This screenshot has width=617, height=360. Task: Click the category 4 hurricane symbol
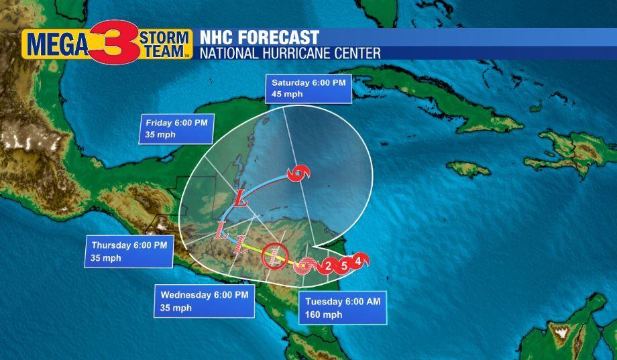coord(359,260)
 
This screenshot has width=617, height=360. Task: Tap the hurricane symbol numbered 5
coord(343,265)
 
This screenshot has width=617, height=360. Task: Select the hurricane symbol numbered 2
coord(327,266)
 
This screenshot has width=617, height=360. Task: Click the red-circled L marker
coord(274,255)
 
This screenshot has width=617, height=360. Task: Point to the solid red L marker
coord(242,198)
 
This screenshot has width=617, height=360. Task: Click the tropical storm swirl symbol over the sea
coord(297,173)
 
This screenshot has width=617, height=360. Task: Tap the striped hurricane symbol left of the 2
coord(306,265)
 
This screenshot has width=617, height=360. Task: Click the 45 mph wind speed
coord(287,95)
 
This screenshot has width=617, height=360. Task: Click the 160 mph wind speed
coord(323,314)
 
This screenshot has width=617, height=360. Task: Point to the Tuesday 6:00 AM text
coord(343,302)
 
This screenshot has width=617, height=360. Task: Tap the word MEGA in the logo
coord(56,45)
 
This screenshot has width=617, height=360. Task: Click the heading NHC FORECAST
coord(259,38)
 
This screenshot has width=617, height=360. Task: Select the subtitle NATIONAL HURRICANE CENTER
coord(290,53)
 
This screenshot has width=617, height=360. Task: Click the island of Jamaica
coord(467,168)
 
